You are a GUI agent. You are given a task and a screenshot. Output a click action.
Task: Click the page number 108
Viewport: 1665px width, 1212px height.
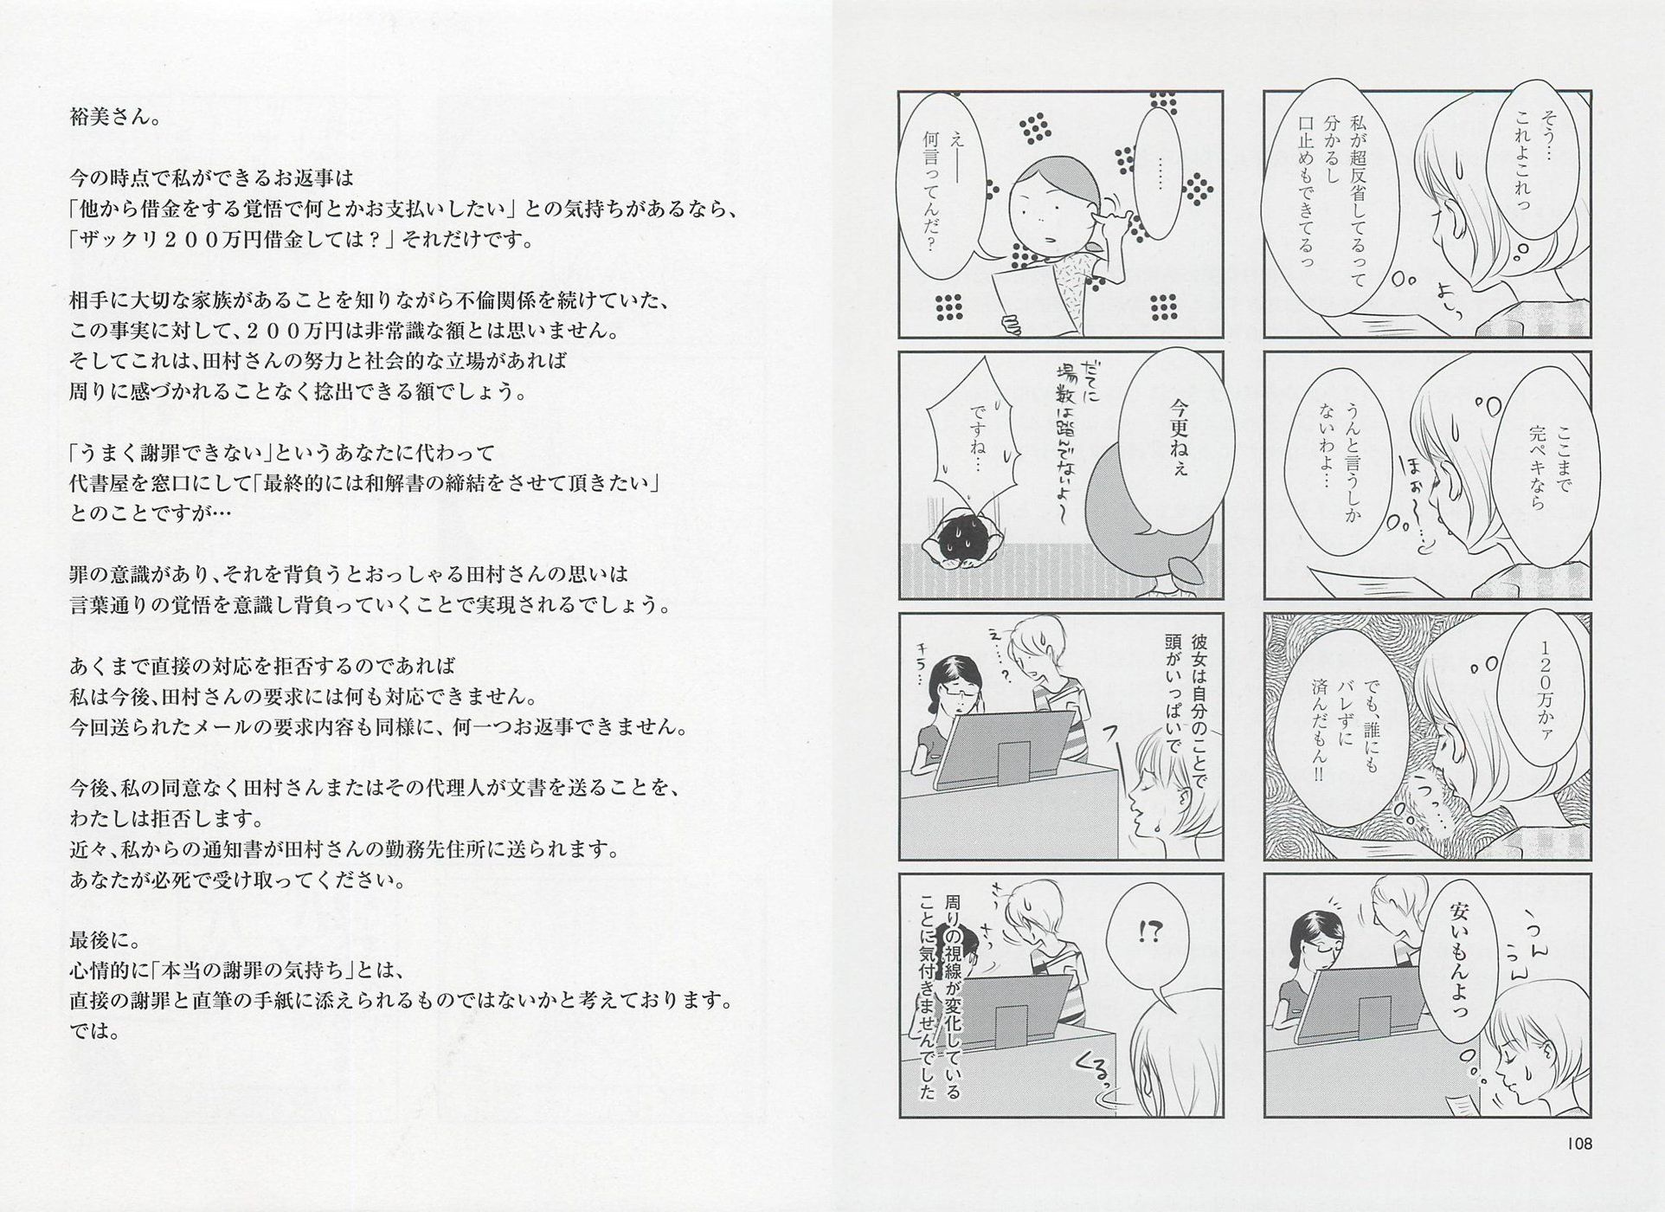coord(1579,1144)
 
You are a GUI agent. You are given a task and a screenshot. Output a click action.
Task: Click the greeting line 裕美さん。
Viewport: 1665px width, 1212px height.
coord(114,118)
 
